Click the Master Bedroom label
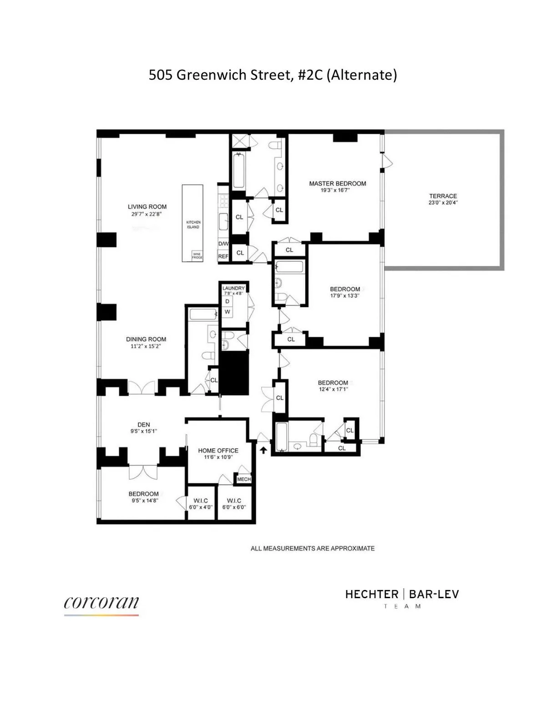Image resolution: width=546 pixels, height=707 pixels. click(337, 183)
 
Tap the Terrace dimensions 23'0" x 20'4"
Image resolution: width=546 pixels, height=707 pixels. click(443, 203)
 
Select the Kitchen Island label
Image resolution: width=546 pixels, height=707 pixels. click(193, 224)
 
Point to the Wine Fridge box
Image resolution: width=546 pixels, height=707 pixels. click(197, 255)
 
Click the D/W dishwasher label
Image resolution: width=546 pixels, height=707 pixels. click(223, 244)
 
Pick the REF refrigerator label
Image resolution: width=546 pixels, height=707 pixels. click(223, 256)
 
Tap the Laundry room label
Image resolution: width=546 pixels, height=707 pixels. click(233, 288)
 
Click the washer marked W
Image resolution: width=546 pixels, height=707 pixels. click(227, 312)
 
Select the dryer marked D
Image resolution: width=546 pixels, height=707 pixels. click(227, 301)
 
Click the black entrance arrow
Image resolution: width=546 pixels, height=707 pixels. click(263, 450)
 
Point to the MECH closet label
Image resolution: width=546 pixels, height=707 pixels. click(244, 479)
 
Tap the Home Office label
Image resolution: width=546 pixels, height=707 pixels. click(218, 450)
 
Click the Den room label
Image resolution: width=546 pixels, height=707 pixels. click(144, 424)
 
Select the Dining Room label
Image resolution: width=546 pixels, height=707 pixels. click(146, 339)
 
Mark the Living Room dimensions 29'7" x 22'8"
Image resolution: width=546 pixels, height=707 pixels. click(147, 214)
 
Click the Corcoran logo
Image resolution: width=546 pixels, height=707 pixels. click(101, 604)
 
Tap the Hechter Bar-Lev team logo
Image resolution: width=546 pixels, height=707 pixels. click(402, 598)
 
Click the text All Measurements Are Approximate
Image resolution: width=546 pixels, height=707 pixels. click(313, 548)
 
